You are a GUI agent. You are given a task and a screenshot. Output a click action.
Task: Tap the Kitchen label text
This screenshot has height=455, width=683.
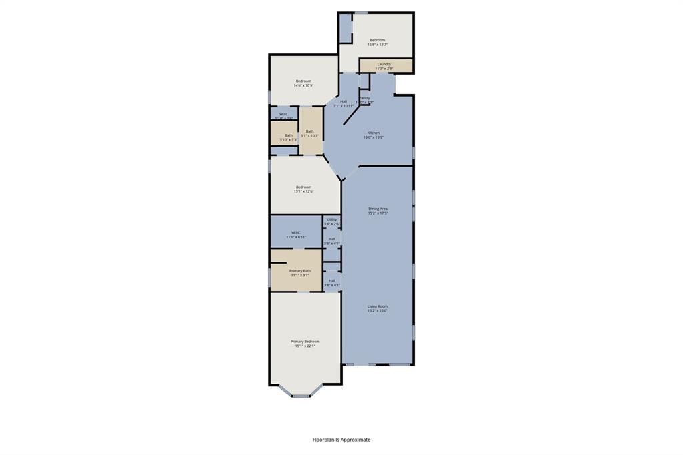point(374,133)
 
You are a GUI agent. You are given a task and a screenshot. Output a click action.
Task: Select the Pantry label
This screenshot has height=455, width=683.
point(365,98)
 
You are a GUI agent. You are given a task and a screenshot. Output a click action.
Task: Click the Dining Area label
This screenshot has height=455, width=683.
point(378,209)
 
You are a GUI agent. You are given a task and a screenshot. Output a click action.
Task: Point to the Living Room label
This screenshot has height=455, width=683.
point(377,306)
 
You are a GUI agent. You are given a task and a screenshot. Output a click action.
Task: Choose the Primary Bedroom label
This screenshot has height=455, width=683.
point(305,341)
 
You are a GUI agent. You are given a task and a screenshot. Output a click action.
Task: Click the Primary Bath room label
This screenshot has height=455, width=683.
point(300,270)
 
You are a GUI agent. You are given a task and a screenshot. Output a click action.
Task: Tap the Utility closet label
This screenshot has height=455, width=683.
point(331,219)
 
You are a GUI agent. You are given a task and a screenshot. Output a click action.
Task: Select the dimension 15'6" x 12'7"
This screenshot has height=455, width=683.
point(378,45)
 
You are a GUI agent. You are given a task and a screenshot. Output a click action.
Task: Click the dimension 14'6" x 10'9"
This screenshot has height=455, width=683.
point(303,85)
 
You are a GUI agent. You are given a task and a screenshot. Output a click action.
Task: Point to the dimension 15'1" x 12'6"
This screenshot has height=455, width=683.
point(303,191)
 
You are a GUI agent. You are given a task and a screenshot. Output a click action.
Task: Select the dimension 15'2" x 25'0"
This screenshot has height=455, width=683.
point(377,311)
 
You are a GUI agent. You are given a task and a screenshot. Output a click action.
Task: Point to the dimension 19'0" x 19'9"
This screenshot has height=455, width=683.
point(374,137)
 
